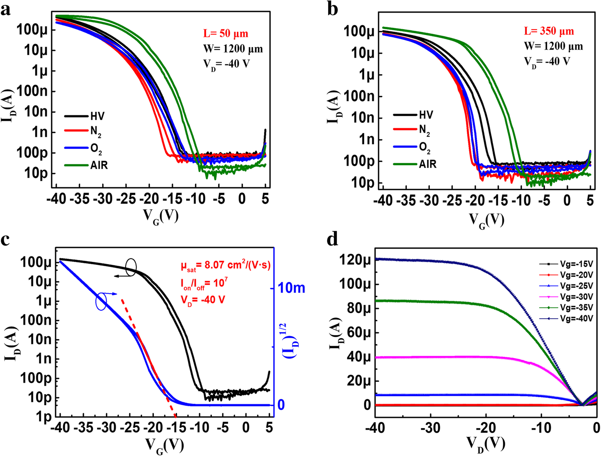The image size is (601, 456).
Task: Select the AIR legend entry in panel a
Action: point(99,165)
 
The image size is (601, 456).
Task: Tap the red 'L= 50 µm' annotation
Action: point(225,33)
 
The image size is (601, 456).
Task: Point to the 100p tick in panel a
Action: point(32,153)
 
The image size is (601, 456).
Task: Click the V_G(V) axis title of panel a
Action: point(161,216)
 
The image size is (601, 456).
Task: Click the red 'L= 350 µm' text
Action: point(549,31)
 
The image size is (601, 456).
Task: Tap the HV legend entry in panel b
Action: point(426,115)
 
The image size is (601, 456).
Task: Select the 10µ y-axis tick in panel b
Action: point(359,53)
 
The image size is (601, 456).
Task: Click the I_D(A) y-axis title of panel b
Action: point(334,107)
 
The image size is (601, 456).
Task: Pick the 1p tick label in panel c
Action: point(43,417)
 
